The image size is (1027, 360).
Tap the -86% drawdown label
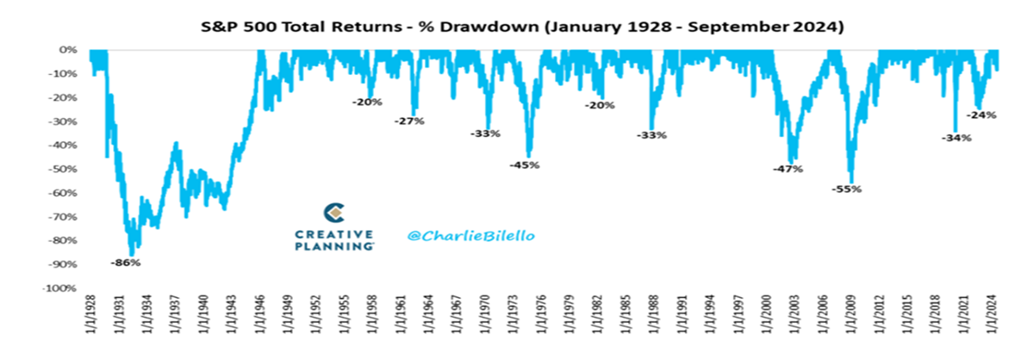tap(126, 262)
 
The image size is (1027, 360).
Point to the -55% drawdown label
tap(847, 189)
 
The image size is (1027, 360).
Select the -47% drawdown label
tap(788, 169)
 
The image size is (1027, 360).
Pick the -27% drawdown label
tap(410, 121)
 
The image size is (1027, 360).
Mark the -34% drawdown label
tap(956, 138)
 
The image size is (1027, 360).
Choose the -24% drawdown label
tap(982, 115)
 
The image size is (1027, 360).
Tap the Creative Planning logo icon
tap(334, 213)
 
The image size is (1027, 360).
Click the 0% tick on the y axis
tap(71, 50)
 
